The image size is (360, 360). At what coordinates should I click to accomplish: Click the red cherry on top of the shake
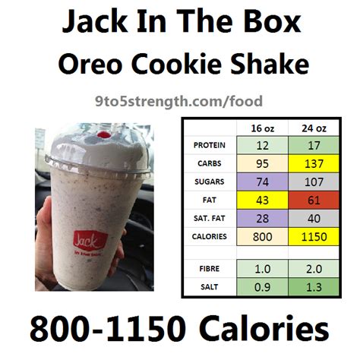pyautogui.click(x=105, y=135)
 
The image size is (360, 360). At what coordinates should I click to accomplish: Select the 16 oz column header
pyautogui.click(x=262, y=128)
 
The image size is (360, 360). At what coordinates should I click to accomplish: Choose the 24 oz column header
pyautogui.click(x=314, y=128)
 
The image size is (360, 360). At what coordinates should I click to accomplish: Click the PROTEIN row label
pyautogui.click(x=209, y=145)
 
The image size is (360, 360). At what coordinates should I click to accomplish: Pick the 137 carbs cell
pyautogui.click(x=314, y=163)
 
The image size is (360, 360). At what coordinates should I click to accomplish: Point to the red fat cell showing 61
pyautogui.click(x=314, y=201)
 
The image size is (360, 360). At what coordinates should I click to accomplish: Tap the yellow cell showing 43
pyautogui.click(x=262, y=201)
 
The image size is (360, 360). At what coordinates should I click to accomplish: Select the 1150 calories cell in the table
pyautogui.click(x=314, y=237)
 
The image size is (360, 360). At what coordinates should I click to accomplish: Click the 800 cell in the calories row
pyautogui.click(x=262, y=237)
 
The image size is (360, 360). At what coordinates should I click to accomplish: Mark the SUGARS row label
pyautogui.click(x=209, y=182)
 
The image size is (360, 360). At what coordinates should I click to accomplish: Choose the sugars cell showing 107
pyautogui.click(x=314, y=182)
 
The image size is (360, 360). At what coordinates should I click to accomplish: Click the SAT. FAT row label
pyautogui.click(x=209, y=218)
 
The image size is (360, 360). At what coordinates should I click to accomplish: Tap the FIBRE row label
pyautogui.click(x=209, y=269)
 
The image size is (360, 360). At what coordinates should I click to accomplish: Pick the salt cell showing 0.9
pyautogui.click(x=262, y=287)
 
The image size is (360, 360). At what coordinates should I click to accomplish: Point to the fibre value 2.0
pyautogui.click(x=314, y=269)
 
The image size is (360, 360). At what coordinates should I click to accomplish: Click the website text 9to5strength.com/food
pyautogui.click(x=178, y=102)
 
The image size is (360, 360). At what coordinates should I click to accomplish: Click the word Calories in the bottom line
pyautogui.click(x=265, y=328)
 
